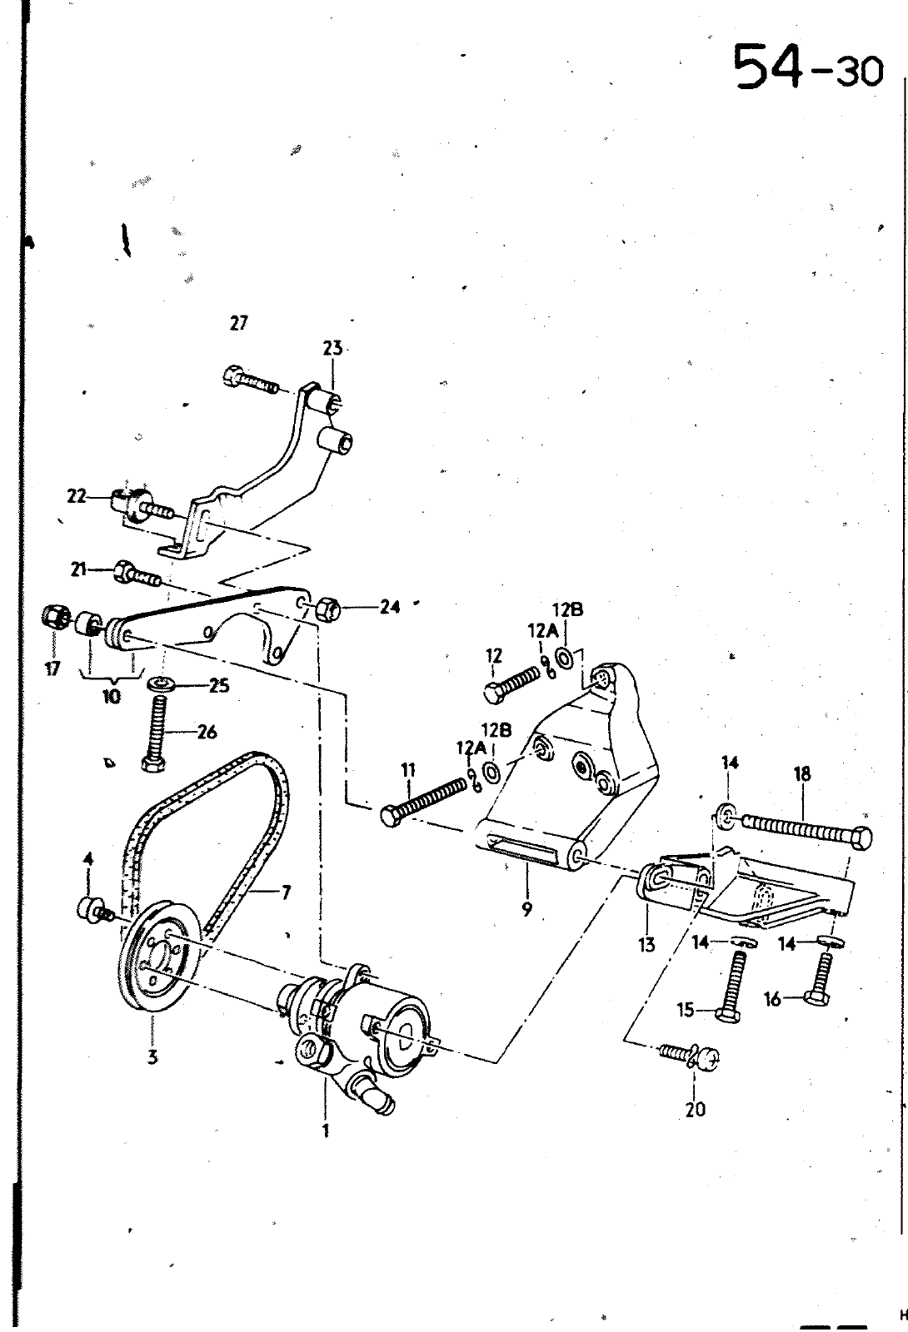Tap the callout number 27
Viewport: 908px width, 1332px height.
pos(238,324)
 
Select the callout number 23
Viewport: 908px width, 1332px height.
pos(333,348)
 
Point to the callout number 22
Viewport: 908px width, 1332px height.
pos(77,496)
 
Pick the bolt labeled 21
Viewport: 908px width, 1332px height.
pos(137,572)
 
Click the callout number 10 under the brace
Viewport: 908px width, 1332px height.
pos(112,696)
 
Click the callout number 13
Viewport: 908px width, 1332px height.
pos(646,944)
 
